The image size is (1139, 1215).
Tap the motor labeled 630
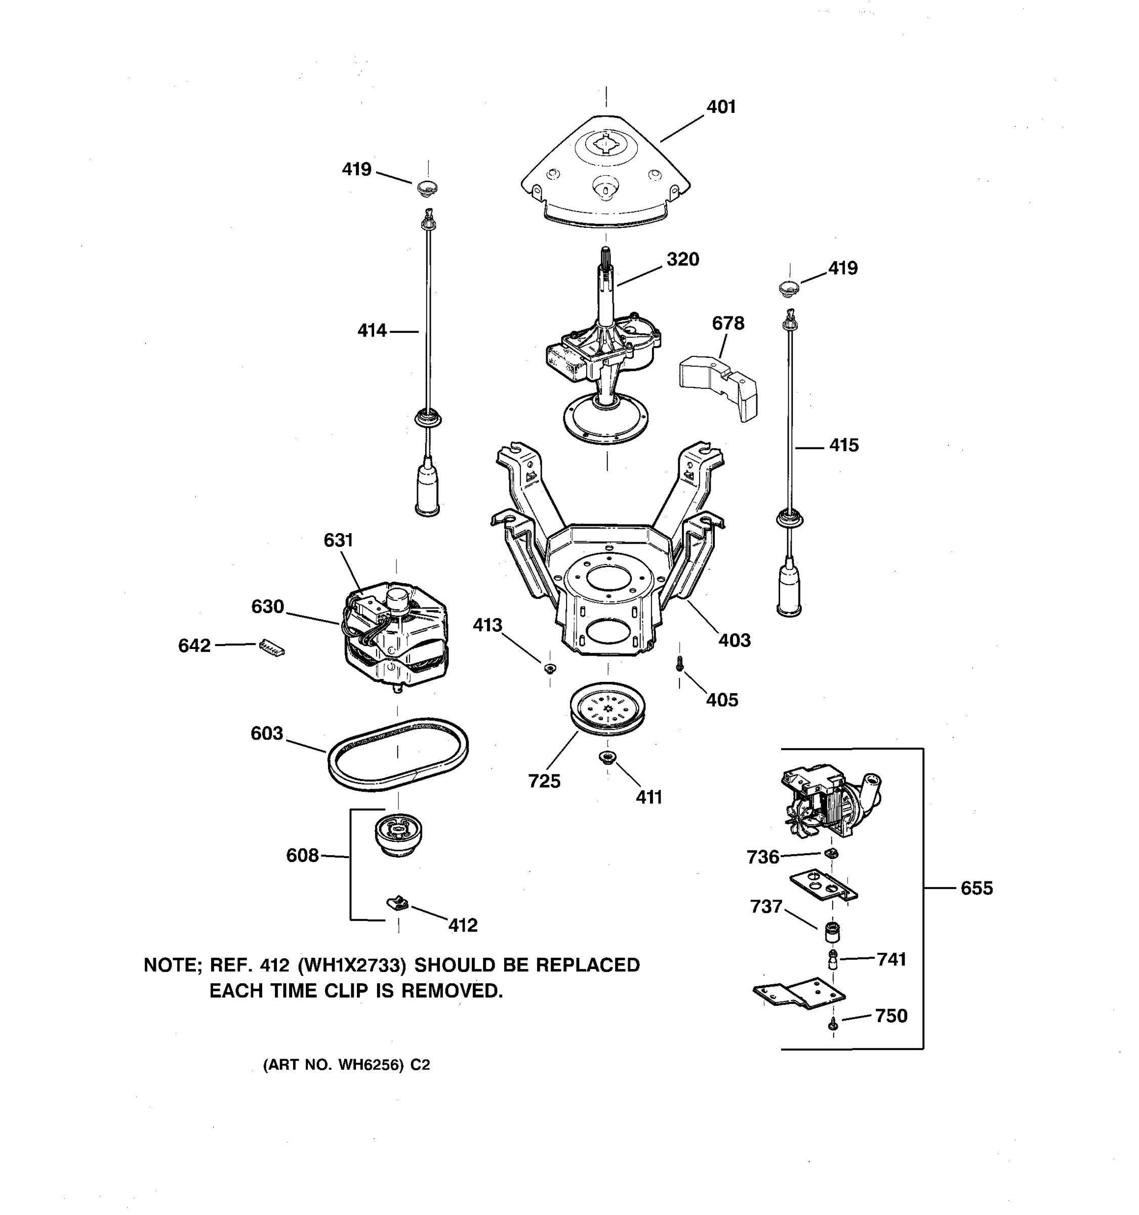click(396, 636)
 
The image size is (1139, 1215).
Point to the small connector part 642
click(271, 646)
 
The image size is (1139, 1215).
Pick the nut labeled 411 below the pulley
click(607, 758)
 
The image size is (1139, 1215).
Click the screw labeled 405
click(679, 664)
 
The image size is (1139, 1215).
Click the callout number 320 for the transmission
click(682, 259)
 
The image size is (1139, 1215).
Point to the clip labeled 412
click(398, 902)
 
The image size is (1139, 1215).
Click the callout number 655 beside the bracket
click(977, 888)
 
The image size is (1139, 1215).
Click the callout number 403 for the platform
click(734, 640)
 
